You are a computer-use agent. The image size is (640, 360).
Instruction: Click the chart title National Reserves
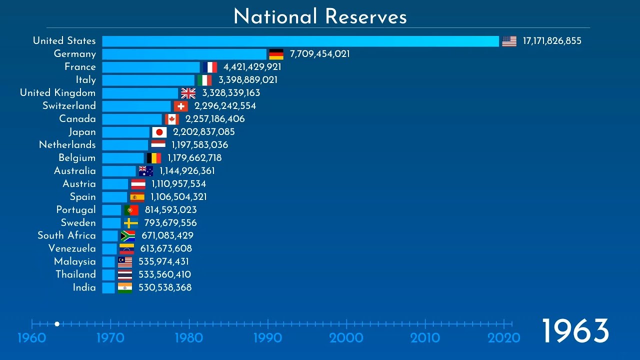tap(320, 16)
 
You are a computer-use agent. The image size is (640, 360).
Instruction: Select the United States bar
tap(300, 41)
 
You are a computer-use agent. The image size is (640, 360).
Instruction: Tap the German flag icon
tap(276, 54)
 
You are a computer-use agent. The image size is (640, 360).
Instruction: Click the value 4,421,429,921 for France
tap(252, 67)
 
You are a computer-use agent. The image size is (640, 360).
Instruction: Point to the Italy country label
tap(85, 80)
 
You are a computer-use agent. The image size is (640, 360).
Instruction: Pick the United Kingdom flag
tap(188, 93)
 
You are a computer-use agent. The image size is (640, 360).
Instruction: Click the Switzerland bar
tap(136, 106)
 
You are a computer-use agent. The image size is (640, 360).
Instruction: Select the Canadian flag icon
tap(172, 119)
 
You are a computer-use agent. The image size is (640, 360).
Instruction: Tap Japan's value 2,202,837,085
tap(203, 132)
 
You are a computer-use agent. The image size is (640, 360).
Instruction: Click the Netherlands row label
tap(67, 145)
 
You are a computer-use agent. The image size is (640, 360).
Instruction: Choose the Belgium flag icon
tap(154, 158)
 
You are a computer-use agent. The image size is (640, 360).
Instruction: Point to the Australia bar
tap(119, 171)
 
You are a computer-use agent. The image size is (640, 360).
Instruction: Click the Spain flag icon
tap(137, 197)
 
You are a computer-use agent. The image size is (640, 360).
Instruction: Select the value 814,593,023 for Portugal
tap(170, 210)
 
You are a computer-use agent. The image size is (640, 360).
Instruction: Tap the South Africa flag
tap(128, 236)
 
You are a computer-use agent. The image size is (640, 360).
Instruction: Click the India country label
tap(84, 287)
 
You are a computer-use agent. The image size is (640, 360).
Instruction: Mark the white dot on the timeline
tap(57, 324)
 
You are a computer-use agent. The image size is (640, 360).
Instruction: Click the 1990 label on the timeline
tap(267, 338)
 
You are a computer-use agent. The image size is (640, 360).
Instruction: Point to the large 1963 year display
tap(575, 331)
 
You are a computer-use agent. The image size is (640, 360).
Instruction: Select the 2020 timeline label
tap(504, 338)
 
